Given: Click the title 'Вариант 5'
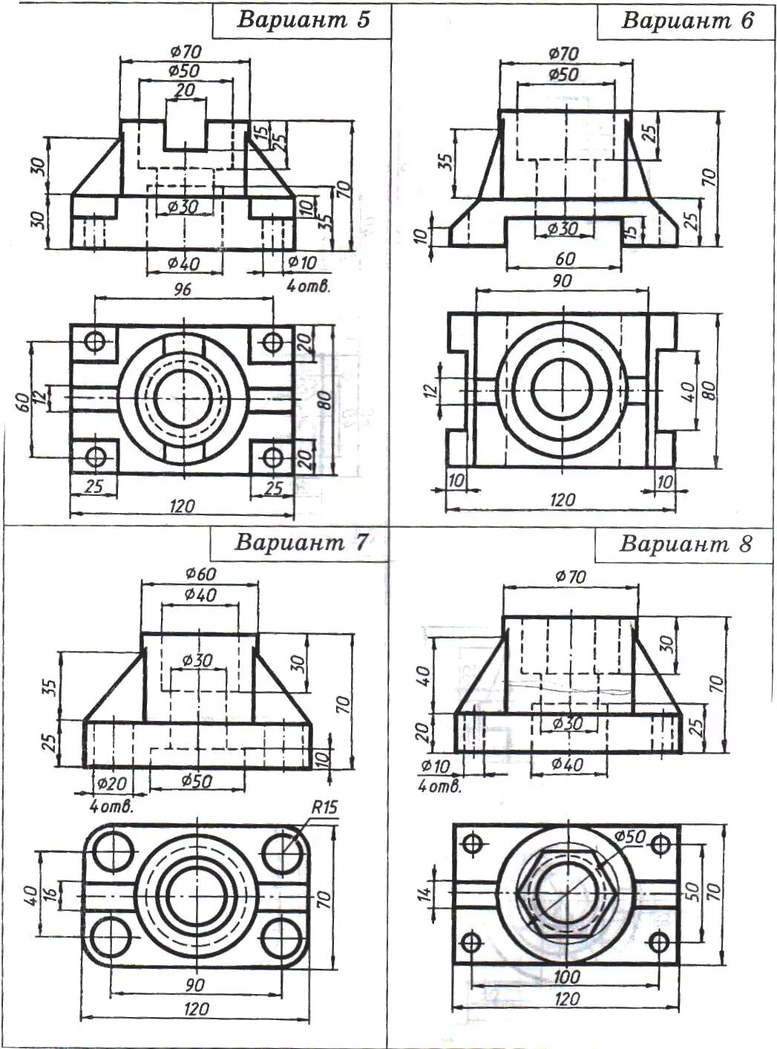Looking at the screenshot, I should tap(302, 19).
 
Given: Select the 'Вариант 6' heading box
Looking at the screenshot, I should tap(686, 20).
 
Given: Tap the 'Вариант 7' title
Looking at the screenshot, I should tap(301, 543).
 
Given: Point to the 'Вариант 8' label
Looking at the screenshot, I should tap(685, 544).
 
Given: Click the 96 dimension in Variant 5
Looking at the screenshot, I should tap(182, 289).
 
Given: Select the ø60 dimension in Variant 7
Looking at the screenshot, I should tap(200, 574).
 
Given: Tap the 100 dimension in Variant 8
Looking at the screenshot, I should tap(567, 977).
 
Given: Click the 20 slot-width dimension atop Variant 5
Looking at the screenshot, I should tap(185, 91).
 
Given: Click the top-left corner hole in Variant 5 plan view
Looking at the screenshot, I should tap(95, 342).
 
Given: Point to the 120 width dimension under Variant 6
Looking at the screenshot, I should tap(562, 500).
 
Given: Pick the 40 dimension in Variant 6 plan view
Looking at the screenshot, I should tap(686, 388).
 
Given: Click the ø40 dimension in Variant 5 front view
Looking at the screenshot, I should tap(184, 263).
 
